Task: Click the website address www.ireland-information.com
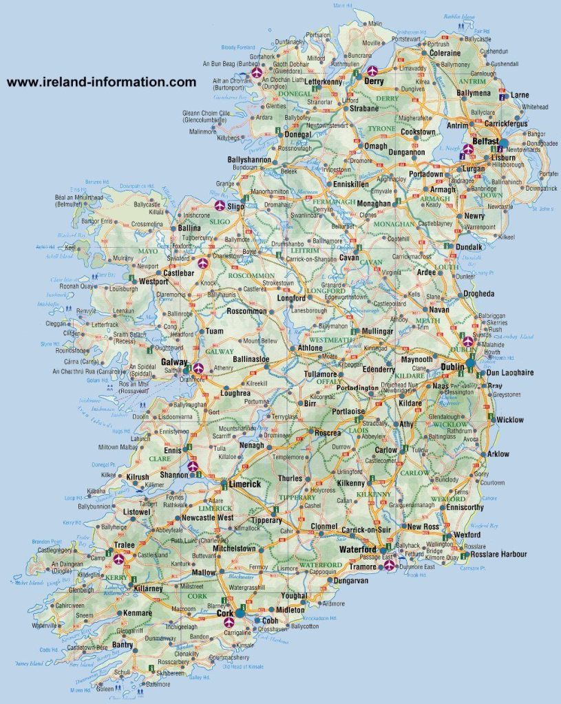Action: tap(101, 82)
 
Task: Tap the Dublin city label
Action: tap(452, 367)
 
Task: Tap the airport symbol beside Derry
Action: tap(372, 70)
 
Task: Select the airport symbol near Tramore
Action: tap(389, 566)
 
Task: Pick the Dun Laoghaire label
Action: tap(510, 372)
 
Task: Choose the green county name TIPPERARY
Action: tap(297, 497)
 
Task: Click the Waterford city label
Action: tap(357, 550)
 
